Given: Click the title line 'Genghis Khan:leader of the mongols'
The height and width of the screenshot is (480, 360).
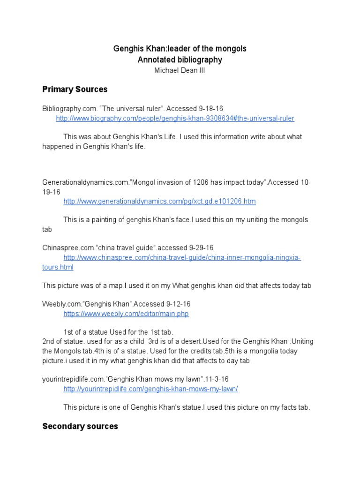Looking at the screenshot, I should [x=180, y=49].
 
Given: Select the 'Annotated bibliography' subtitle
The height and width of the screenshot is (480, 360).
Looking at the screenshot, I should [x=180, y=60].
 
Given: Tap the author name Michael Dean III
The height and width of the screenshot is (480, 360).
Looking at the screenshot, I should [x=180, y=70].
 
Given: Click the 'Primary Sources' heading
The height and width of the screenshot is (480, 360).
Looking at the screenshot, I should [x=75, y=89].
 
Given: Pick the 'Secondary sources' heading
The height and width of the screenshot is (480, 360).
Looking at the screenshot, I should [x=80, y=426].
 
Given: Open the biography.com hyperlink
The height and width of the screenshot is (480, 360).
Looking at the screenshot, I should [x=175, y=119].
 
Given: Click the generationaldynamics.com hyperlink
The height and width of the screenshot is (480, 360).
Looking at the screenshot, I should [x=159, y=202].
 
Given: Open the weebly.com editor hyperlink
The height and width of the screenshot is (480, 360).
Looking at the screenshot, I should [x=126, y=314].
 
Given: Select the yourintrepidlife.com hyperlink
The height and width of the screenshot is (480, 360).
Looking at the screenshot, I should [x=150, y=389].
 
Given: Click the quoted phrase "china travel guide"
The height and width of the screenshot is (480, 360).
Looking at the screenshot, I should [x=124, y=247].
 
